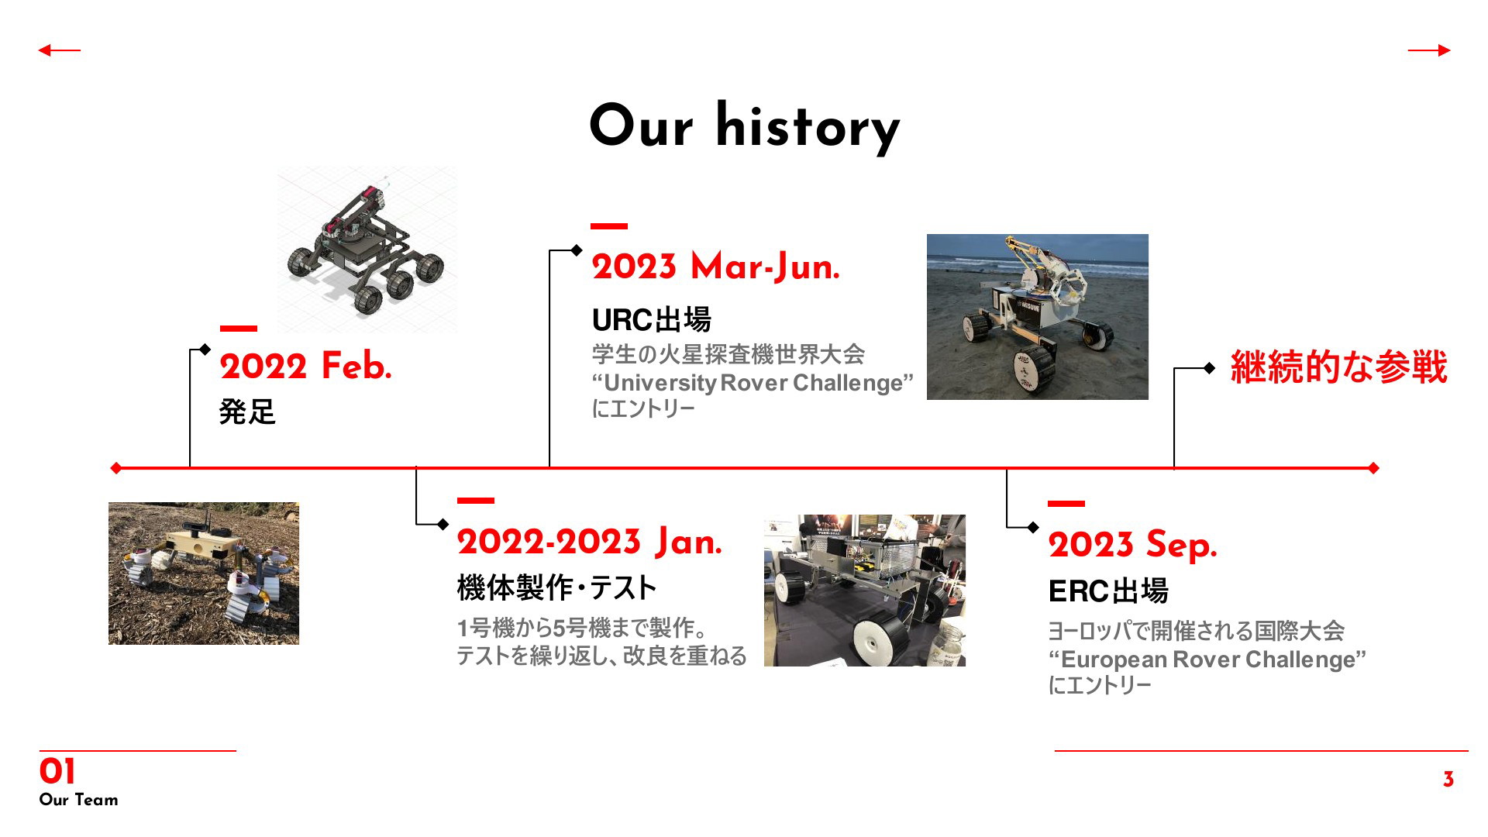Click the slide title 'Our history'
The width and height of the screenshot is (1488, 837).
[x=745, y=127]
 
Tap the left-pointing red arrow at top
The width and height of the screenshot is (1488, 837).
[x=59, y=50]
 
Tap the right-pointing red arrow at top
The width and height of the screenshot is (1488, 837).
[x=1429, y=50]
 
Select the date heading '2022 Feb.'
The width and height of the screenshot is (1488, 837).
[x=305, y=366]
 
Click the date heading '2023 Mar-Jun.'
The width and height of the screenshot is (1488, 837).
[x=715, y=267]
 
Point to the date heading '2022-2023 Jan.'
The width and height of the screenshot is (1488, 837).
[x=589, y=542]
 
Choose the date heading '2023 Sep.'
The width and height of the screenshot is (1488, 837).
[x=1132, y=545]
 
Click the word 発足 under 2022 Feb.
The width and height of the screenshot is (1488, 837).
[x=247, y=412]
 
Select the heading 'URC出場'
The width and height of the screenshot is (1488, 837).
[x=651, y=319]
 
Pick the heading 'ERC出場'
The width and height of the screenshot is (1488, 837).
[x=1108, y=591]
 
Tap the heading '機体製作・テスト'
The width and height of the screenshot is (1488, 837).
[x=556, y=588]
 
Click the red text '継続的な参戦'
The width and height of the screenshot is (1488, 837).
[x=1338, y=367]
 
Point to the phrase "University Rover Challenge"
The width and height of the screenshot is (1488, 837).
[x=753, y=383]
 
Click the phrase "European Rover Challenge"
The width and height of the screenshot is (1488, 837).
[x=1207, y=660]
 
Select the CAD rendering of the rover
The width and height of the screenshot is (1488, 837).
[x=367, y=250]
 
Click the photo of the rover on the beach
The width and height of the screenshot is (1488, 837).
[x=1038, y=317]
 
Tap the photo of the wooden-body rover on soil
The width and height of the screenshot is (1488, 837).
[x=204, y=573]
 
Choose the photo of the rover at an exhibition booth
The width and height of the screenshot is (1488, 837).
[x=865, y=591]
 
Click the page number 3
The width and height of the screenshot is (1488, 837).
[x=1448, y=780]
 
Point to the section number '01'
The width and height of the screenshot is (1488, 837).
[x=57, y=772]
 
